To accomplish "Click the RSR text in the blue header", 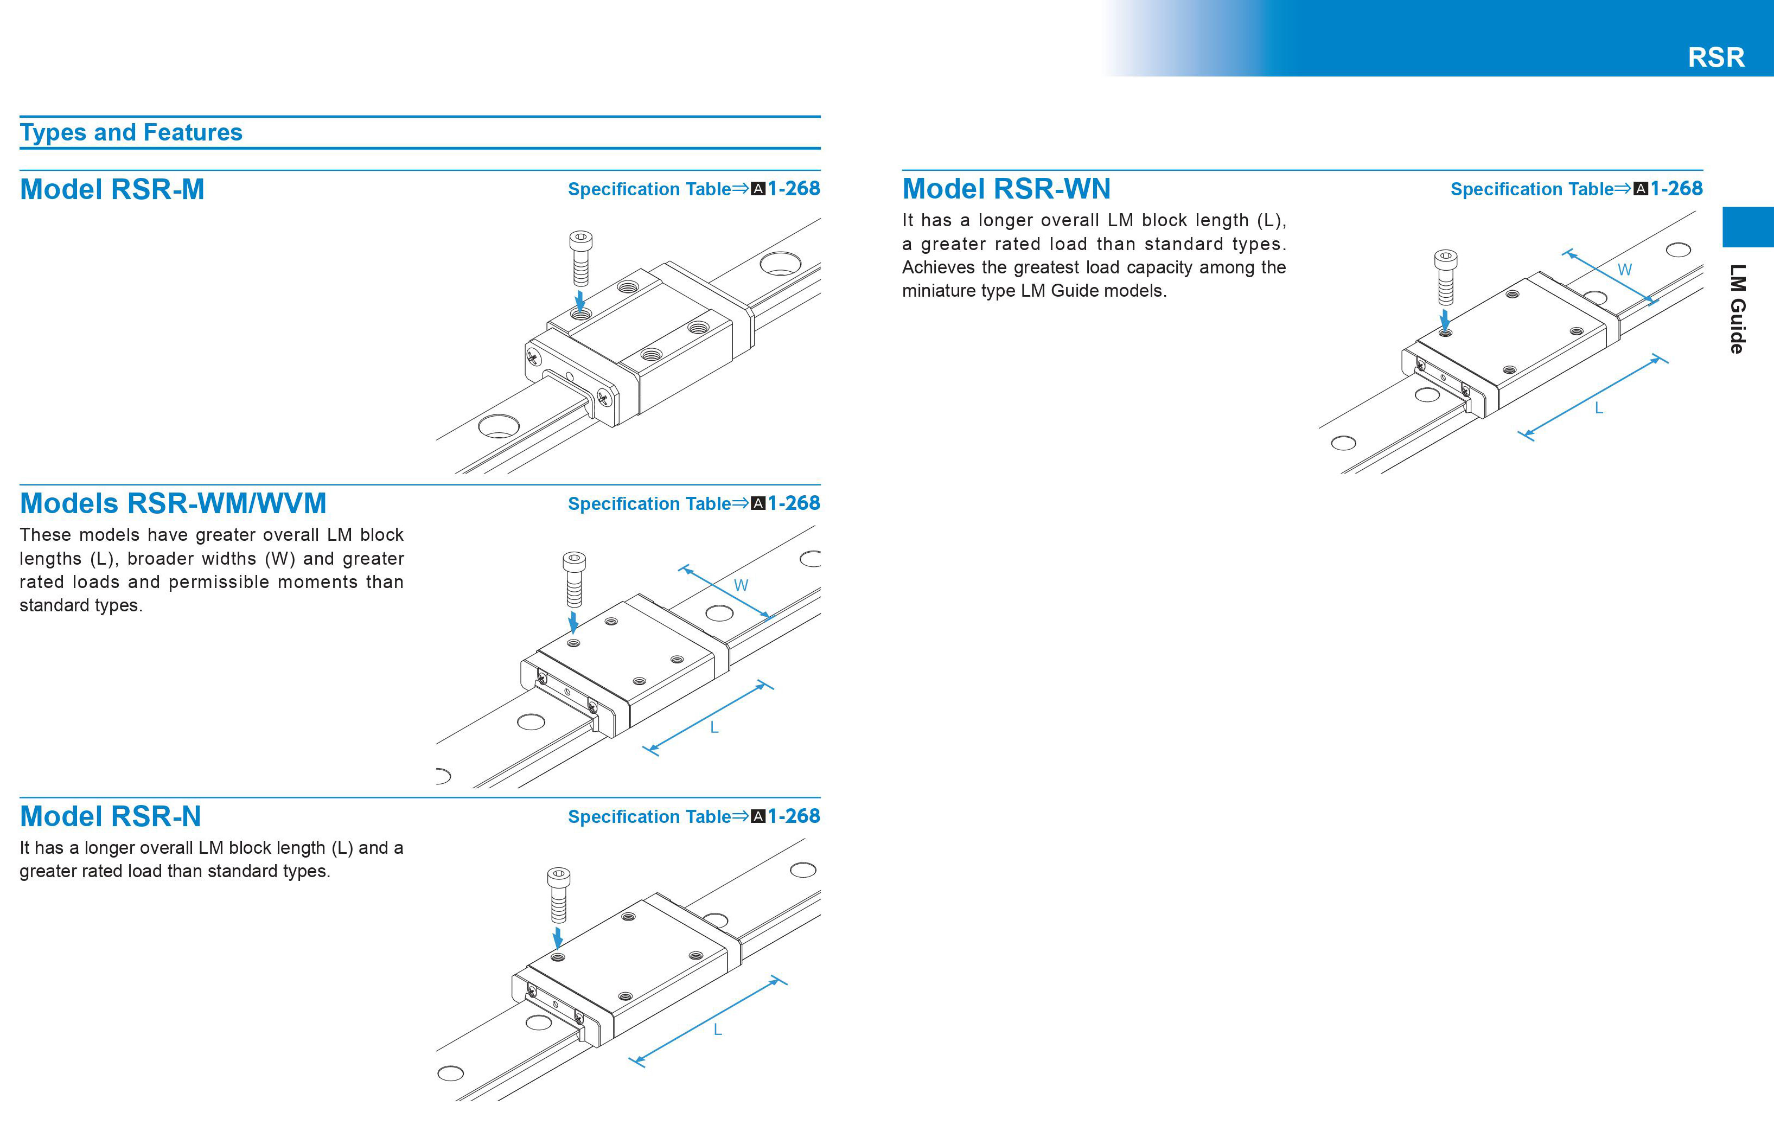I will coord(1715,57).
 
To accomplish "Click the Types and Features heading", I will coord(131,132).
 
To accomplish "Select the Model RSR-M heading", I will coord(112,189).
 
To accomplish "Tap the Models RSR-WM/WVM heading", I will coord(173,504).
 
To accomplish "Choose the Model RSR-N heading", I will coord(111,816).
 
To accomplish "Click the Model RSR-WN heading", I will coord(1006,189).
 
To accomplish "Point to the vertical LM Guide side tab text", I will coord(1737,308).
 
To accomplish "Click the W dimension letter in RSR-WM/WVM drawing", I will coord(741,585).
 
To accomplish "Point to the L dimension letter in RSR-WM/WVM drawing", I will coord(714,727).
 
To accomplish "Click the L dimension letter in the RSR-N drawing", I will coord(718,1030).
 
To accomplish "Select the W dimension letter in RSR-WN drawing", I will coord(1625,270).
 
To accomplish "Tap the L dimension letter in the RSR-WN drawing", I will coord(1599,408).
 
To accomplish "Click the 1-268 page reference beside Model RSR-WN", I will coord(1676,189).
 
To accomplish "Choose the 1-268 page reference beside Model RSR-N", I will coord(793,816).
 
